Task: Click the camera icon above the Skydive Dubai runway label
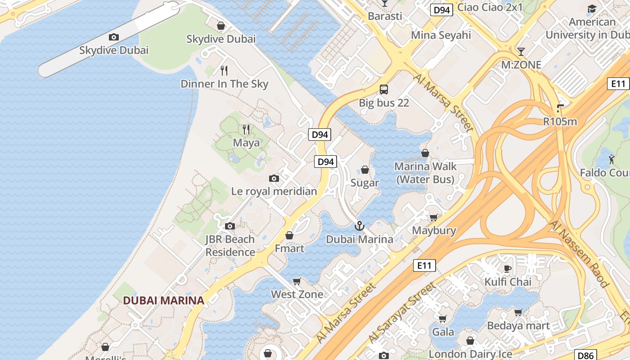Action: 114,37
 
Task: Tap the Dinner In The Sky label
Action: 224,84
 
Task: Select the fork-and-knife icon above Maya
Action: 246,130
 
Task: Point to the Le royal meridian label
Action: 274,191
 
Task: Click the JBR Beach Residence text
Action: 230,246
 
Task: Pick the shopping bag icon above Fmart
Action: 289,235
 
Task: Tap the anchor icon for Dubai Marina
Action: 359,226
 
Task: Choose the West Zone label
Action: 297,294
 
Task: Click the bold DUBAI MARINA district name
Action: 164,300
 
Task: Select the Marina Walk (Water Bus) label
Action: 425,173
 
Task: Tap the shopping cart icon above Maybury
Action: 434,218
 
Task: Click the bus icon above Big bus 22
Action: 384,90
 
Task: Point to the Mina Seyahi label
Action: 441,35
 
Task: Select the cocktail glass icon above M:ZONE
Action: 521,51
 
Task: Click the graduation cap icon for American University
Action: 592,9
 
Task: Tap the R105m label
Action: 560,121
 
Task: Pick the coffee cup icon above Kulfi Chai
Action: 508,269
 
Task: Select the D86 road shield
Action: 586,355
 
